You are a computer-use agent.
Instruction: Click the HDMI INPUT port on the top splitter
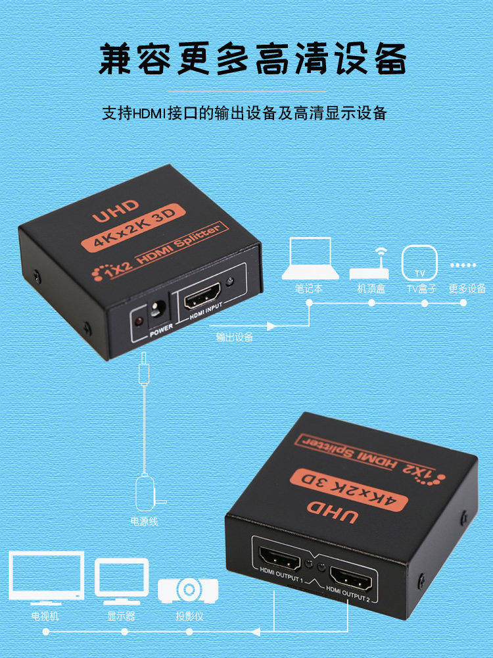[203, 299]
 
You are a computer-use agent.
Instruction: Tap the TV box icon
[419, 263]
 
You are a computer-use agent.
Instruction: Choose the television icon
[45, 577]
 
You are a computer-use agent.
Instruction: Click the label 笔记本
[309, 288]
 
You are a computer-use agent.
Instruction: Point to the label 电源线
[145, 522]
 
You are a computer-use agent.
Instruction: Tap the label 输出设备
[235, 337]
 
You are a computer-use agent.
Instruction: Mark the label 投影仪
[189, 617]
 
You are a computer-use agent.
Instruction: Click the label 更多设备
[467, 288]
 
